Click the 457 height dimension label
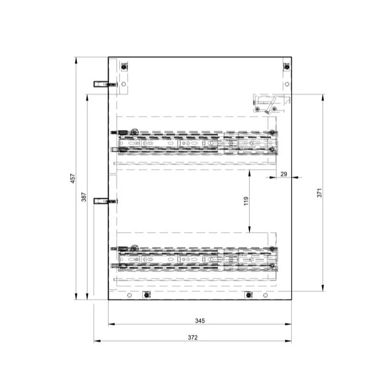pyautogui.click(x=73, y=178)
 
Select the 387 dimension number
pyautogui.click(x=84, y=197)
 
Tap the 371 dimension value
pyautogui.click(x=319, y=193)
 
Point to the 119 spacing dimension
pyautogui.click(x=246, y=201)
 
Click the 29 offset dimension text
pyautogui.click(x=284, y=174)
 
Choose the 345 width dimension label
pyautogui.click(x=200, y=321)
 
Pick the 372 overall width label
pyautogui.click(x=192, y=337)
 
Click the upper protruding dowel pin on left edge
pyautogui.click(x=105, y=84)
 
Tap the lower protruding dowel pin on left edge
pyautogui.click(x=105, y=201)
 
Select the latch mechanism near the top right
pyautogui.click(x=272, y=104)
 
